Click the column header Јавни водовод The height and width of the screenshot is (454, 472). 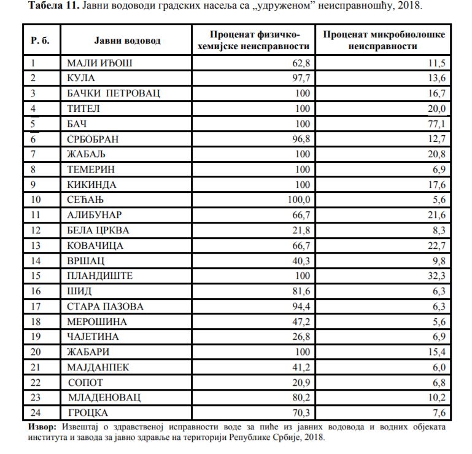pos(127,40)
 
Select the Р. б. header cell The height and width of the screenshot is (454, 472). pos(40,40)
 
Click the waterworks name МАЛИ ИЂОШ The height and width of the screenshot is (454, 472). pos(99,63)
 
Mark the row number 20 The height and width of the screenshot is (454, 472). pos(35,352)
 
